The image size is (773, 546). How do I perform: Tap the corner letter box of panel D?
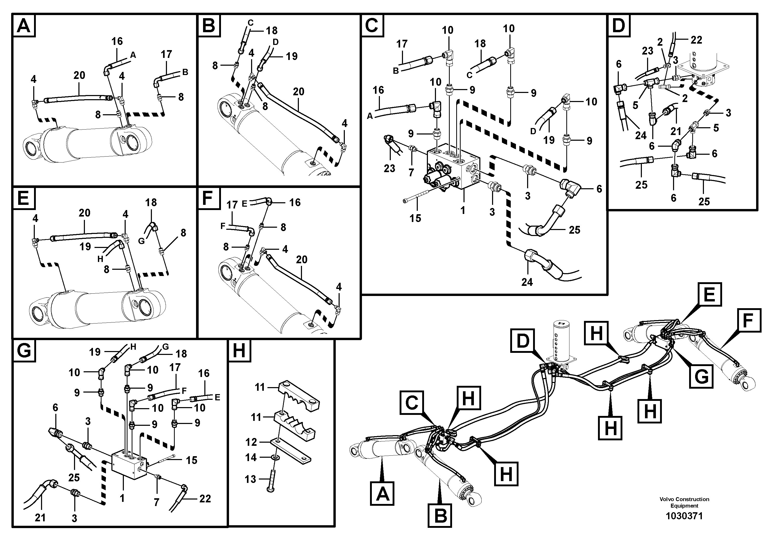(x=619, y=26)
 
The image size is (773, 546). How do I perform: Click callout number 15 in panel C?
(x=415, y=218)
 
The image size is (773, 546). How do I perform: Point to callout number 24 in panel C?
(x=527, y=282)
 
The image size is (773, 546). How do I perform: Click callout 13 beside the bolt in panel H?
(x=251, y=479)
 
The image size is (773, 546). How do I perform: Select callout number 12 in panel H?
(x=251, y=442)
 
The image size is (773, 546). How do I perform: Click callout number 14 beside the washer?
(x=251, y=457)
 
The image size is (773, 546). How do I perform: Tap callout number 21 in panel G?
(x=40, y=518)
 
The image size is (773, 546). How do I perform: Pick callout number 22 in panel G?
(x=205, y=498)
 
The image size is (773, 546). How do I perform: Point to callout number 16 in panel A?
(x=117, y=41)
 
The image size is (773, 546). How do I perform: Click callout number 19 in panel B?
(x=292, y=56)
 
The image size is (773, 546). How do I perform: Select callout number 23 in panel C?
(x=389, y=168)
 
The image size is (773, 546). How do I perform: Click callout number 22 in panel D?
(x=696, y=40)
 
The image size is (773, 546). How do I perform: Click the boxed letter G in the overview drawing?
(x=701, y=376)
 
